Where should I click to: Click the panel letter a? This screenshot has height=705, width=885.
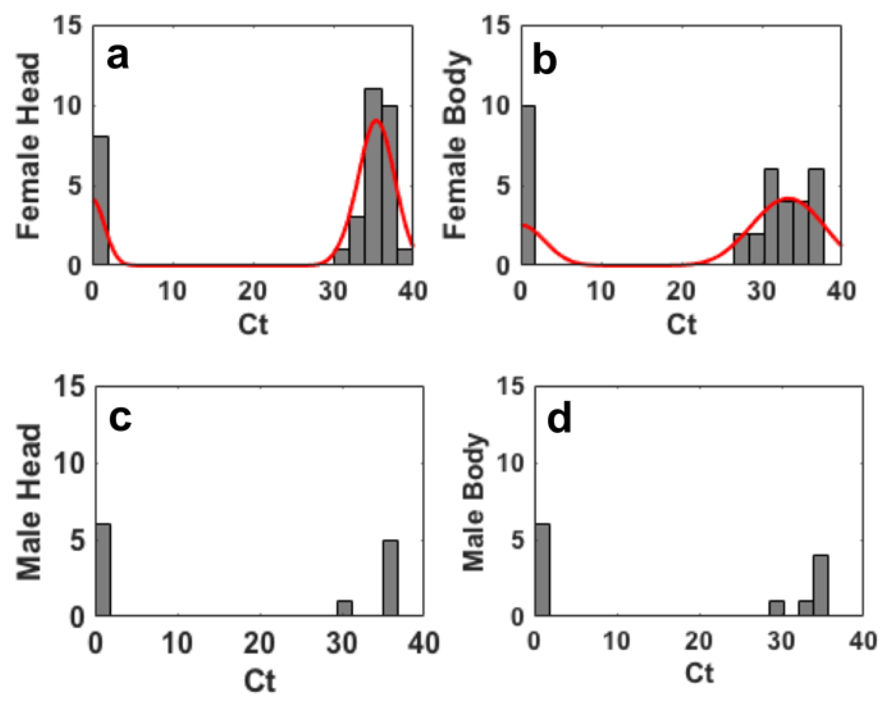[x=118, y=57]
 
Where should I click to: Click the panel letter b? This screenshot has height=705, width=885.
[x=544, y=61]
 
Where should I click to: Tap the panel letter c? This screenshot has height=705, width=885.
[x=120, y=418]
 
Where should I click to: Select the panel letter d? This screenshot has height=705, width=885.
[x=559, y=419]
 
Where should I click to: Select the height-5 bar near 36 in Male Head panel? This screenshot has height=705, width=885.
[x=391, y=577]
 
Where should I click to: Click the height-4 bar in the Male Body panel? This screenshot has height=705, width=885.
[x=821, y=585]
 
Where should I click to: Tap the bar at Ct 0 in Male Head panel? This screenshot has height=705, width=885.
[x=103, y=569]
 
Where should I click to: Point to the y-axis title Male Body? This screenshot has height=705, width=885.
[x=474, y=502]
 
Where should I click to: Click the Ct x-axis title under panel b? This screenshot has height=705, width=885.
[x=681, y=325]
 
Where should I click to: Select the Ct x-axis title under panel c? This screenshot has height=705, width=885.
[x=260, y=681]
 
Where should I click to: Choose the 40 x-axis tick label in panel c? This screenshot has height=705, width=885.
[x=424, y=643]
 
